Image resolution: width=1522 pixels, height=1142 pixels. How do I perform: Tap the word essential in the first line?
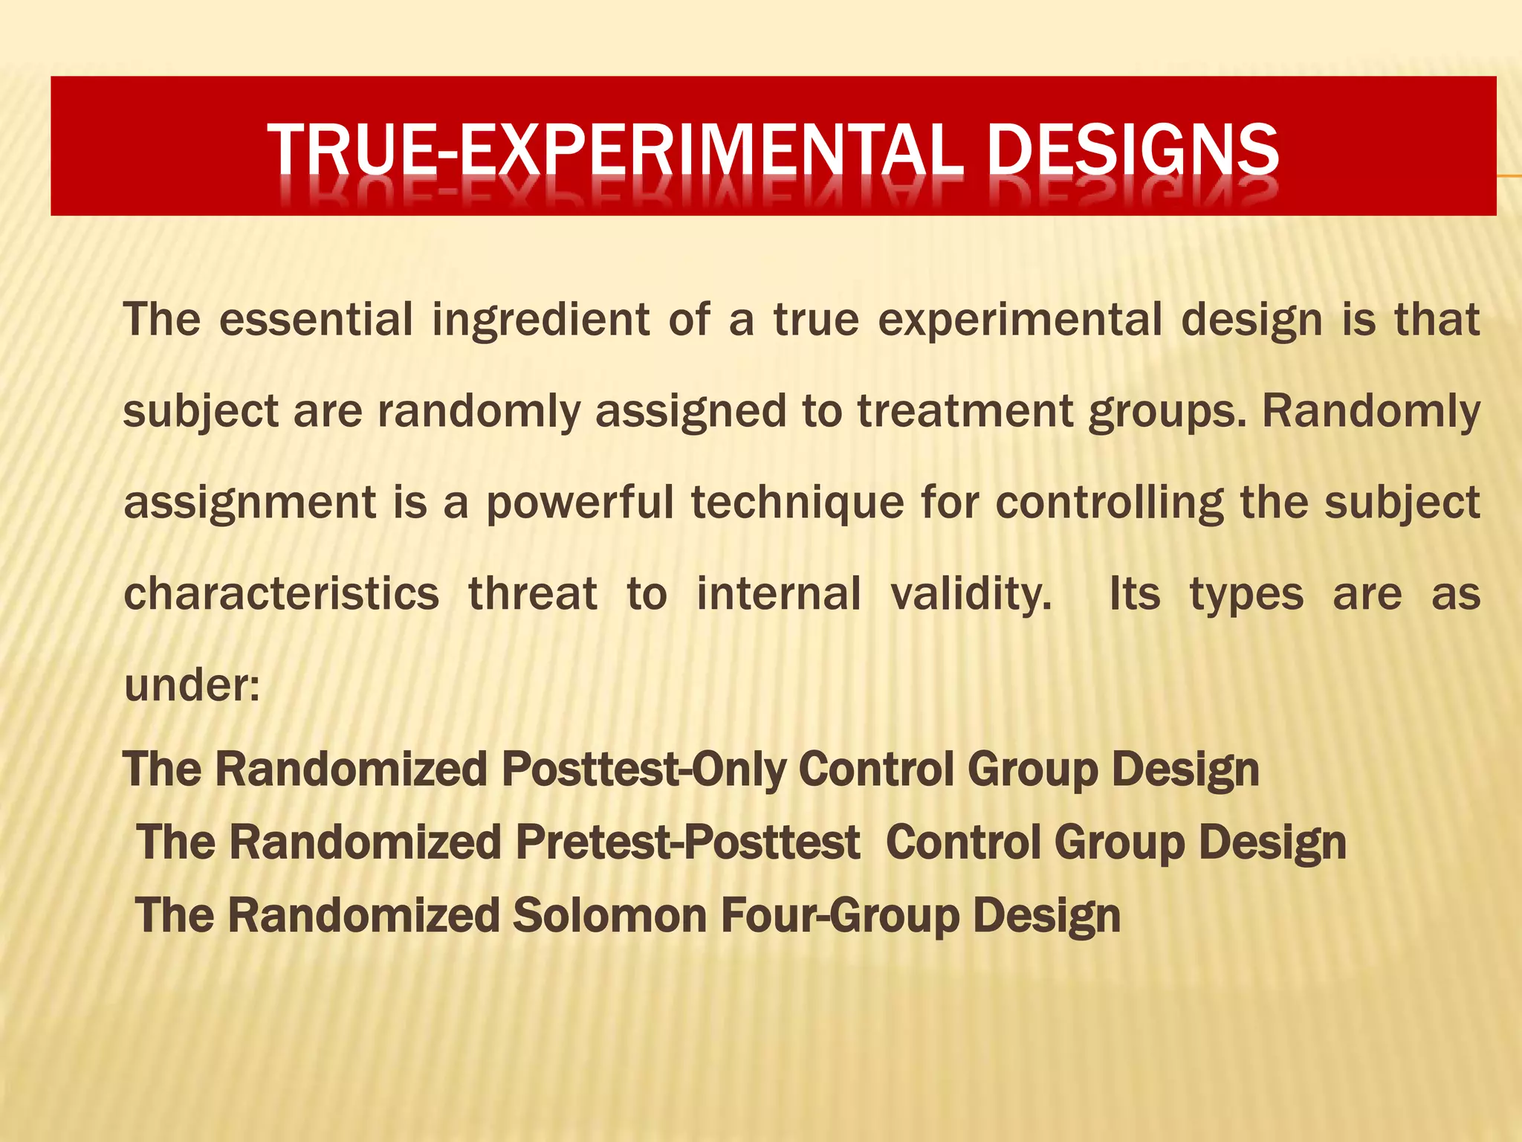click(316, 320)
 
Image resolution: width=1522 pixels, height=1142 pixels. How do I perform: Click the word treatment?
click(965, 411)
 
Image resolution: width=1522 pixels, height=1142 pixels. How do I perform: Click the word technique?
click(797, 503)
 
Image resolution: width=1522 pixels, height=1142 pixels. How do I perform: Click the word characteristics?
click(281, 594)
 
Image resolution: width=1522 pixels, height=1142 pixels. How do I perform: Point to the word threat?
click(533, 594)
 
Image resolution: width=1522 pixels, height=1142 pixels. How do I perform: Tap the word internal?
click(779, 594)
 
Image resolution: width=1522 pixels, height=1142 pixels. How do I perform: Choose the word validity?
click(971, 594)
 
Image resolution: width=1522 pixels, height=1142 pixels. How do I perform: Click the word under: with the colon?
click(192, 685)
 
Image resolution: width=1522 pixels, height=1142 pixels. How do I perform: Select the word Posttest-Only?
click(643, 770)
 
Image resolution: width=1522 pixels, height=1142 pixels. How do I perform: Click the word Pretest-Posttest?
click(687, 842)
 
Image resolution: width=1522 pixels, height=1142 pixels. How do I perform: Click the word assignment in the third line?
click(250, 503)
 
